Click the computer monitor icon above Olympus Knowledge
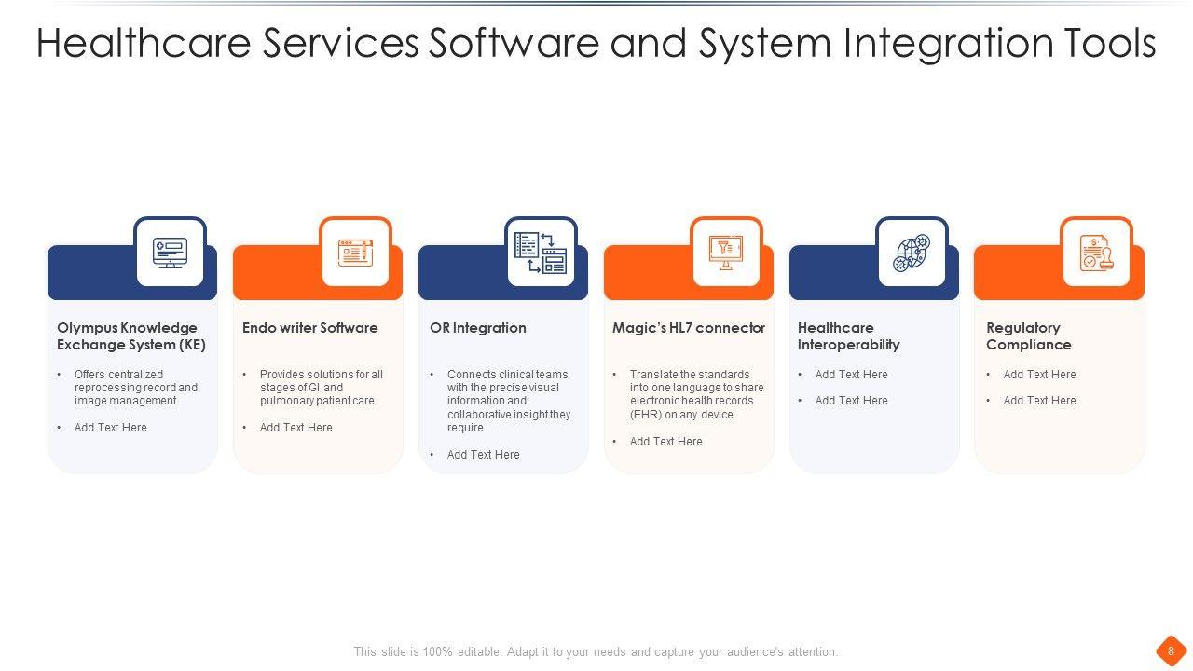170,253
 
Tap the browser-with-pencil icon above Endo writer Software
355,253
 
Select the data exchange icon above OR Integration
541,253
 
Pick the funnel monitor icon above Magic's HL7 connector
726,252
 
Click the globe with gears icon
912,253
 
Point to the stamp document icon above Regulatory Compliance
1096,253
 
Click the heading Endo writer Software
309,328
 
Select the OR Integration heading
478,328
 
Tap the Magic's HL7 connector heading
689,328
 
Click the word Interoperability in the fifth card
848,345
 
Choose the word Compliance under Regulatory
1028,345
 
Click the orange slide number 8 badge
1171,651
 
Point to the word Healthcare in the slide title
144,44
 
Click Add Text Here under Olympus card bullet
110,428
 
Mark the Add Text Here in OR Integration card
483,455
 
